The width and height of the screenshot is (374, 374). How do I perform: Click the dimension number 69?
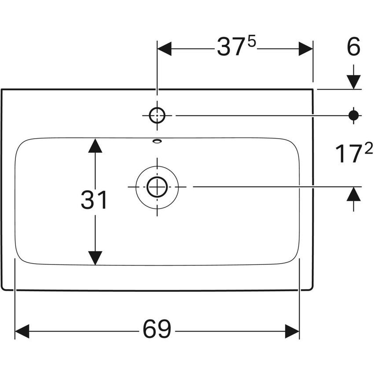[x=157, y=329]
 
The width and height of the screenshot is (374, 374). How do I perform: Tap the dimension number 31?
[x=94, y=201]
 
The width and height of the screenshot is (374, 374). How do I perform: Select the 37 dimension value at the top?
[x=231, y=48]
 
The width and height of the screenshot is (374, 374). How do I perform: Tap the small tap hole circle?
[x=157, y=115]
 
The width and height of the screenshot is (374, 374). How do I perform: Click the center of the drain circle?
[x=157, y=187]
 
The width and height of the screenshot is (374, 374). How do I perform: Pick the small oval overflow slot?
[x=157, y=141]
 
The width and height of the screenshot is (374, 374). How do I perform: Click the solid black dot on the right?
[x=353, y=115]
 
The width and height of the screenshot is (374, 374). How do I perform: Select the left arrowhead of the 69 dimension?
[x=22, y=331]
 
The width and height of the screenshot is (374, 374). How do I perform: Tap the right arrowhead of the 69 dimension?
[x=292, y=331]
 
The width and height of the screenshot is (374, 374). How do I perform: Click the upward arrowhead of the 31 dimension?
[x=95, y=146]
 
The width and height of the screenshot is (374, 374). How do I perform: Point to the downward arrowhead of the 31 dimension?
[x=95, y=258]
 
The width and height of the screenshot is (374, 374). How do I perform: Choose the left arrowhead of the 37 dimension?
[x=164, y=49]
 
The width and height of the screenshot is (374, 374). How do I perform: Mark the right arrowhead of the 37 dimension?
[x=306, y=49]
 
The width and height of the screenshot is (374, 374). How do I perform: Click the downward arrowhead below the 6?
[x=353, y=82]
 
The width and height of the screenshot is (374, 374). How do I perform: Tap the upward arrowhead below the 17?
[x=353, y=194]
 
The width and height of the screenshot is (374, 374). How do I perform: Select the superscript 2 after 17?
[x=368, y=149]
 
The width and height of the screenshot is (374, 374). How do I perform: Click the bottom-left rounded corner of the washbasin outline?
[x=4, y=288]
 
